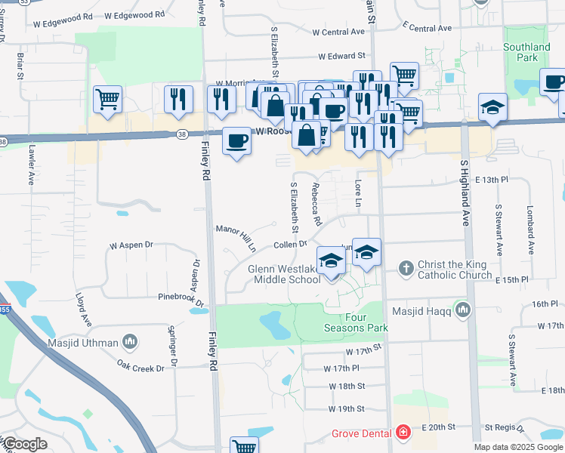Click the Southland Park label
click(x=526, y=52)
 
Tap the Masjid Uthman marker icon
click(x=130, y=343)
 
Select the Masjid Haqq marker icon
click(x=463, y=310)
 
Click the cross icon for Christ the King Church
click(x=406, y=267)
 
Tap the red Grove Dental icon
click(x=404, y=433)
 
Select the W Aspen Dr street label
click(x=131, y=245)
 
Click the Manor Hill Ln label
click(x=236, y=237)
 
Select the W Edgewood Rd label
click(x=134, y=14)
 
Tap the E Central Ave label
click(x=427, y=28)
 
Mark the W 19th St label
click(x=347, y=408)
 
